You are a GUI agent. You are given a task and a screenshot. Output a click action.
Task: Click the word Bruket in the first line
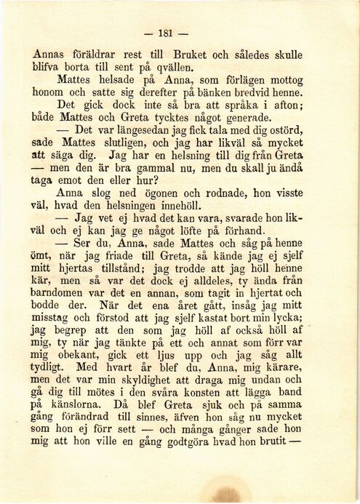[192, 55]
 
